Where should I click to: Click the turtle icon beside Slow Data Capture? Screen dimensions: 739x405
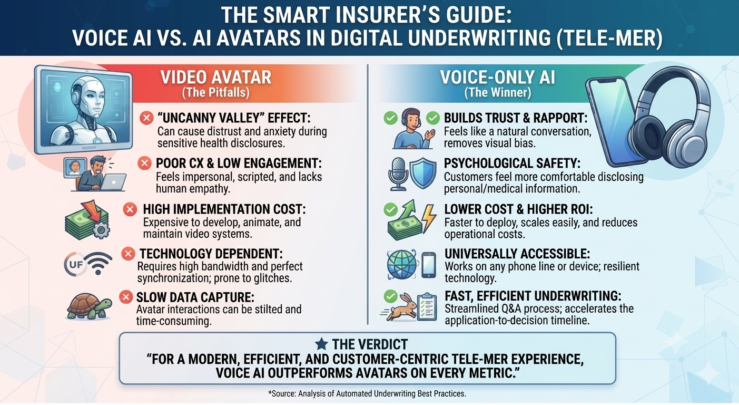coord(89,306)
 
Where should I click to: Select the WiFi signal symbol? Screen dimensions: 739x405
coord(98,263)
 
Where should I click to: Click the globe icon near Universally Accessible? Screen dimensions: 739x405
coord(402,265)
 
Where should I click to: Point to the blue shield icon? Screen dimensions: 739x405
coord(423,173)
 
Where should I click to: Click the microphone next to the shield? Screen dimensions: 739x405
coord(398,174)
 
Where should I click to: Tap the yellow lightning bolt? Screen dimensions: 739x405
coord(429,218)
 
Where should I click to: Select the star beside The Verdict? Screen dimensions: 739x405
coord(321,344)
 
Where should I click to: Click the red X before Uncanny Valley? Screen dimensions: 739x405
coord(146,118)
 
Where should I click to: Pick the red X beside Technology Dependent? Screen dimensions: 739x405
coord(128,254)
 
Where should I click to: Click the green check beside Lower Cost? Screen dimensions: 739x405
coord(391,209)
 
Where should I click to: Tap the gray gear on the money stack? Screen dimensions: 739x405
coord(101,229)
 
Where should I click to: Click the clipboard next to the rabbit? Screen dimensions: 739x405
coord(427,307)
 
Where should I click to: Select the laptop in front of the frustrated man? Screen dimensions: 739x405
coord(113,182)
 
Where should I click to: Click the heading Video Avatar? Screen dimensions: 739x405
coord(216,78)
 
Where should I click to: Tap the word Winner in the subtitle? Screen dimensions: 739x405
coord(511,92)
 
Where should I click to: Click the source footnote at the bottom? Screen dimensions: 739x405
coord(367,394)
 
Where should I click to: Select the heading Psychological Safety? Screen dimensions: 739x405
coord(512,163)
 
